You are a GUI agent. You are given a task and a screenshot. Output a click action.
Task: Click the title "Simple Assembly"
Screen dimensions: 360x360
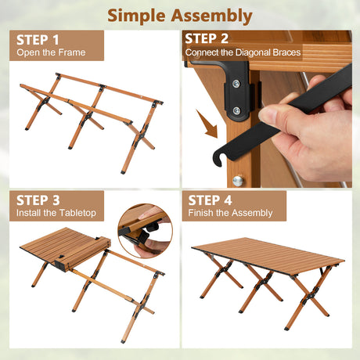(180, 16)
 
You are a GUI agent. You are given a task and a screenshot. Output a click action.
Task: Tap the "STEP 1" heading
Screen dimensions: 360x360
(38, 40)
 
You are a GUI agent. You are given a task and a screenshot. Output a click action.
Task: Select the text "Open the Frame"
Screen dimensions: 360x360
(51, 52)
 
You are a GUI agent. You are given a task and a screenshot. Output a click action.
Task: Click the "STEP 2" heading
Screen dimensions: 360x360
(207, 38)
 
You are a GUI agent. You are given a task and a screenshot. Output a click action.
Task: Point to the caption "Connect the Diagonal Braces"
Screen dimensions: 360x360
(243, 52)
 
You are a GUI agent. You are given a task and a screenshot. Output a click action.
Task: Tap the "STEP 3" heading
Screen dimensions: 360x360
(38, 200)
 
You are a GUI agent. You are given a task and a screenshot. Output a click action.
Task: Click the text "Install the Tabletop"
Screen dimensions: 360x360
(56, 213)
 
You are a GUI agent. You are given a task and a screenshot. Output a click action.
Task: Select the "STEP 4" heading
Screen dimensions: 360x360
(210, 200)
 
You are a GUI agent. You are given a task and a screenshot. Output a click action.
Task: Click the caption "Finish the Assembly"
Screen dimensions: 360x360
(230, 213)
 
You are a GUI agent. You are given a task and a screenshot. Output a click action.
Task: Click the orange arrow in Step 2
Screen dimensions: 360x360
(207, 124)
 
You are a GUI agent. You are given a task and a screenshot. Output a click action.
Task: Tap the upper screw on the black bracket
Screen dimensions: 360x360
(236, 84)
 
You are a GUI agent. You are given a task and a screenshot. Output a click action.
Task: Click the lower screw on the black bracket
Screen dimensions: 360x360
(236, 111)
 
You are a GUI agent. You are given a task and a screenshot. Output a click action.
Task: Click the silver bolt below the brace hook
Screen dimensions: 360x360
(238, 181)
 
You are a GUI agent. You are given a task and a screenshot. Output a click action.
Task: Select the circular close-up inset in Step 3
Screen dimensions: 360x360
(145, 231)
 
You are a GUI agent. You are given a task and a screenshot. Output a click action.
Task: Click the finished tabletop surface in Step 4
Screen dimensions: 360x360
(268, 255)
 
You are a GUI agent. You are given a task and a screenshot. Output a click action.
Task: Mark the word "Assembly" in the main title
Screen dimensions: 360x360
(211, 16)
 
